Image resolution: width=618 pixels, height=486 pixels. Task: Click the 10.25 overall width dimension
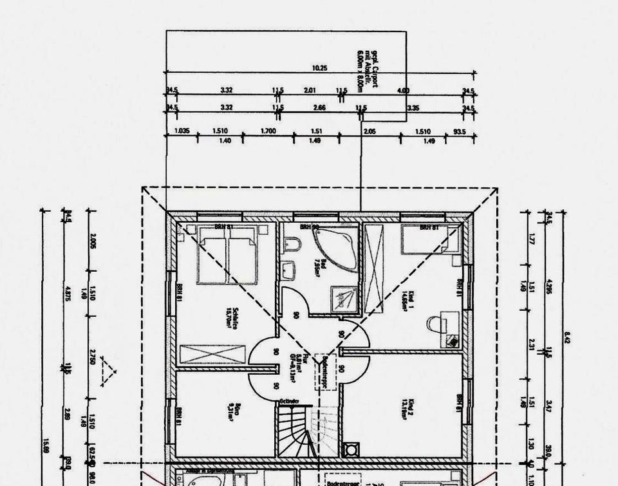tap(319, 68)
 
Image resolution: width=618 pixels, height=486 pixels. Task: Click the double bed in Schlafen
tap(225, 259)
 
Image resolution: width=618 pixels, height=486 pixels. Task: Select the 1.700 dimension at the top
tap(268, 131)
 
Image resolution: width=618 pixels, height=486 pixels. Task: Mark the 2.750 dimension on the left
tap(93, 358)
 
